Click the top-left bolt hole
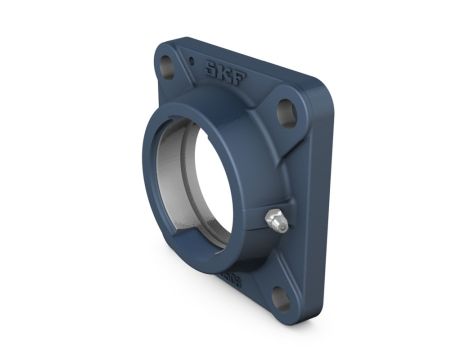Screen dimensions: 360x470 (166, 68)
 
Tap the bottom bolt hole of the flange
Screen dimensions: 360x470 (281, 299)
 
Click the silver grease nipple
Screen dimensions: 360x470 (276, 221)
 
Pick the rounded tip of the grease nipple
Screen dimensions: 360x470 (283, 226)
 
